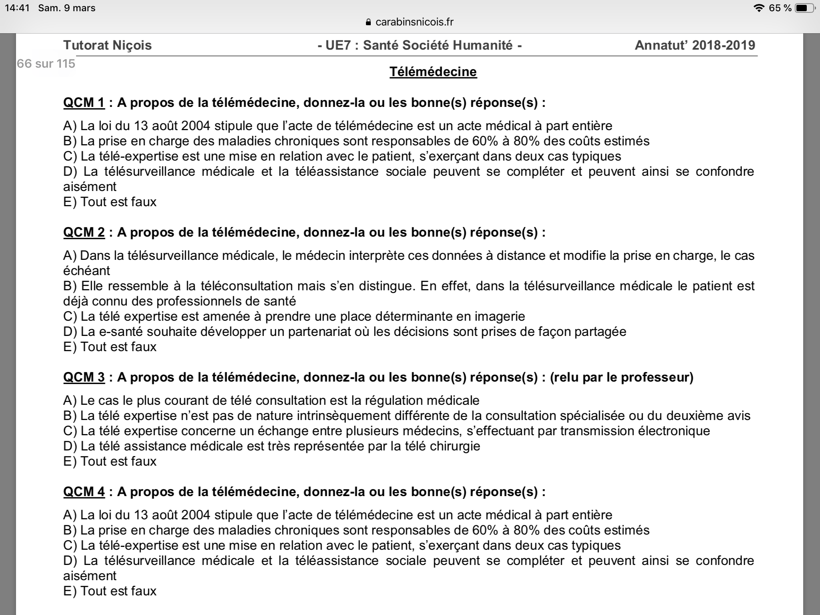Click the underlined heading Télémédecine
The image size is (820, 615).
(433, 72)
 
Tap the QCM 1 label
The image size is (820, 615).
(84, 102)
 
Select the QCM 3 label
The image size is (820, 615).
(84, 377)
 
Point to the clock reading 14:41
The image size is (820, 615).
(17, 8)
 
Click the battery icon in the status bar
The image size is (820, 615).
(804, 8)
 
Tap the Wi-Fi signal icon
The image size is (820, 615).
(758, 8)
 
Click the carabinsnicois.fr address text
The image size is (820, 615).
(414, 22)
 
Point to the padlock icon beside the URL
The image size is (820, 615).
(369, 22)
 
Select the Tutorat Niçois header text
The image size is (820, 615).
(107, 45)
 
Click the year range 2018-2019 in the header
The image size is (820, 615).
(724, 45)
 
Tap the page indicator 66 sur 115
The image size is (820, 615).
(46, 64)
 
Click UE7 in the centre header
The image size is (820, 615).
(338, 45)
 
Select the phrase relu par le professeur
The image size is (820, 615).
(621, 377)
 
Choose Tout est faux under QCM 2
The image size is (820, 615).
(118, 347)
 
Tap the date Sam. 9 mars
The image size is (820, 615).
(67, 8)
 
